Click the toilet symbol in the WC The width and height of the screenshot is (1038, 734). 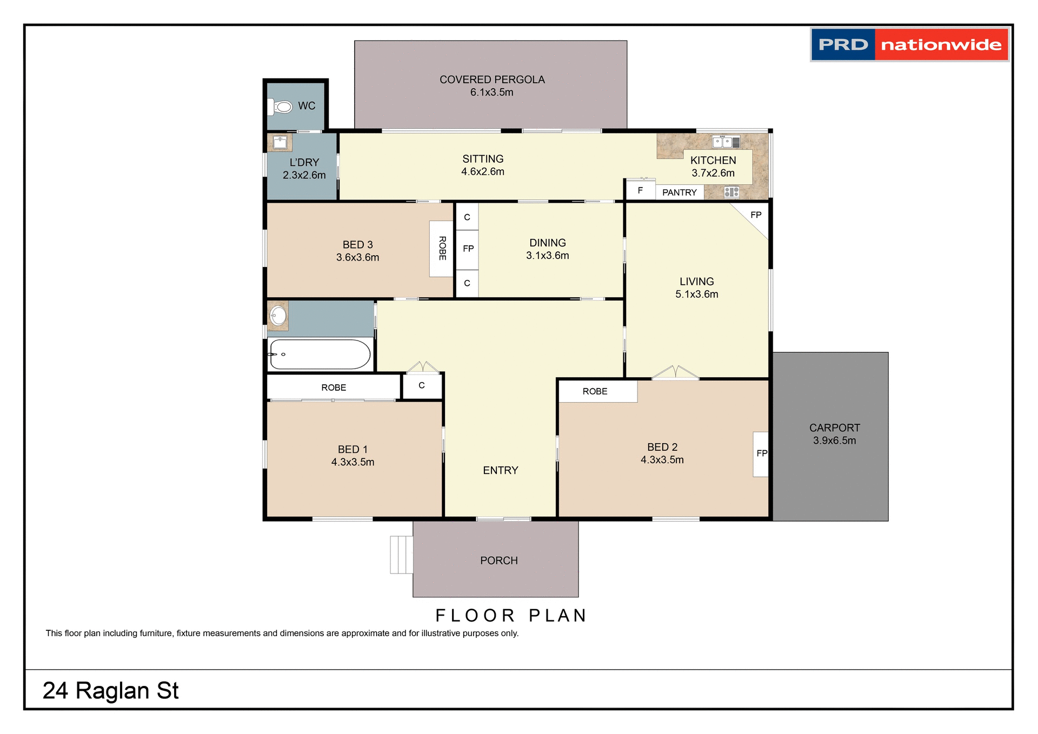click(281, 106)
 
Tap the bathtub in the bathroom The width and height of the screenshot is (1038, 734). click(320, 355)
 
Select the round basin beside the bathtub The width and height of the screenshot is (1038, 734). click(278, 316)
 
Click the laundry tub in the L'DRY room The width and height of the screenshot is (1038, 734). click(280, 143)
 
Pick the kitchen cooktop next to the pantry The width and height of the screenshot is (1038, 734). click(731, 192)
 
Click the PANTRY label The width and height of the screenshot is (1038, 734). click(679, 192)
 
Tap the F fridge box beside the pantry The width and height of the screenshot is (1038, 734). click(640, 190)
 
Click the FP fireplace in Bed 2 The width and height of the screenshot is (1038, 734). click(761, 453)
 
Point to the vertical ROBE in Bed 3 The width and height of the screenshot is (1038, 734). click(442, 249)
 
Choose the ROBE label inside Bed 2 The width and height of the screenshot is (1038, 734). click(595, 391)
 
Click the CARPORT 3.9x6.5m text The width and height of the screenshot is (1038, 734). click(834, 434)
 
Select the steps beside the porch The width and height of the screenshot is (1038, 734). click(401, 555)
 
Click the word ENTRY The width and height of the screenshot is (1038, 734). click(500, 470)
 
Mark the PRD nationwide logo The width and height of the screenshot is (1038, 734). click(909, 44)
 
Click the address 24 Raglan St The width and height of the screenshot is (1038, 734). click(111, 691)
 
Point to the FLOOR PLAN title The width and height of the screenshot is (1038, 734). click(511, 615)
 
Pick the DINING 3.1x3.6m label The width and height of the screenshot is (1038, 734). click(547, 249)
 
